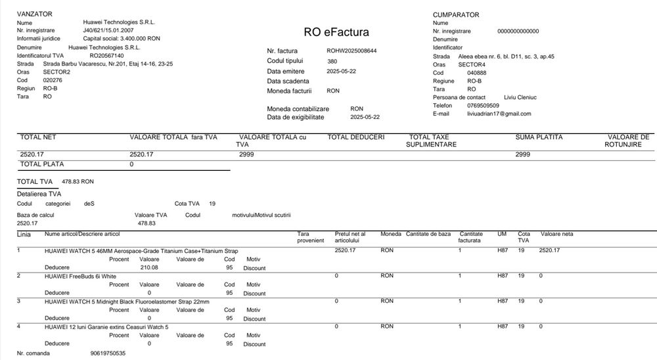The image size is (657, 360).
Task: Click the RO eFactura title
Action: [x=336, y=32]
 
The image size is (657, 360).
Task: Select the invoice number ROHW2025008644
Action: [x=351, y=51]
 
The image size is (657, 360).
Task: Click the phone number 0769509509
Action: [x=484, y=105]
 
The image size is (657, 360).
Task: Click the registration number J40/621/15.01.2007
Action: [x=110, y=30]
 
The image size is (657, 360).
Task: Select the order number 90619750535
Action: [x=108, y=353]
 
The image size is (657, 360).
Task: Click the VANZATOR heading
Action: [x=34, y=14]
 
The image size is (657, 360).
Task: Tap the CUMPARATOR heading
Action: [x=456, y=14]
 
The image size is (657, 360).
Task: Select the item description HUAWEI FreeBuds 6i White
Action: [x=80, y=277]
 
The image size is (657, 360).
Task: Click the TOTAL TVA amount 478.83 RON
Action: [x=78, y=181]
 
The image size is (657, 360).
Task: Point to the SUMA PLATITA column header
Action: [x=539, y=137]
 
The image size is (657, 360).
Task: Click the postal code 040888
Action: [x=477, y=73]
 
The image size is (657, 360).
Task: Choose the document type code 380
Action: [x=332, y=61]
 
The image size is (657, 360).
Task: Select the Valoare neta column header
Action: [x=557, y=234]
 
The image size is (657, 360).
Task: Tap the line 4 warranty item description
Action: [x=106, y=327]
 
